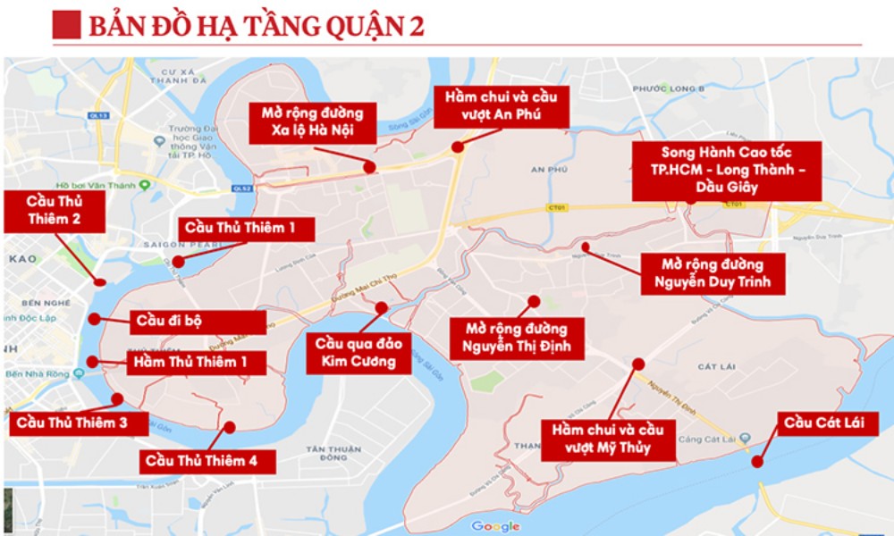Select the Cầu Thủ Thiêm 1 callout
pyautogui.click(x=247, y=229)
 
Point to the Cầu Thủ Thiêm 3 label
pyautogui.click(x=80, y=423)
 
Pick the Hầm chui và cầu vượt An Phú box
pyautogui.click(x=488, y=106)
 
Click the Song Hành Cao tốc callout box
pyautogui.click(x=726, y=170)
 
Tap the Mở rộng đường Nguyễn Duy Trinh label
pyautogui.click(x=712, y=274)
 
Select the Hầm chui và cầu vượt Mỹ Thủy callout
pyautogui.click(x=607, y=438)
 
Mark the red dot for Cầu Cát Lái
pyautogui.click(x=756, y=462)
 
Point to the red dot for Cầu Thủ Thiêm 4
pyautogui.click(x=229, y=427)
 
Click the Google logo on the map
pyautogui.click(x=495, y=526)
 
